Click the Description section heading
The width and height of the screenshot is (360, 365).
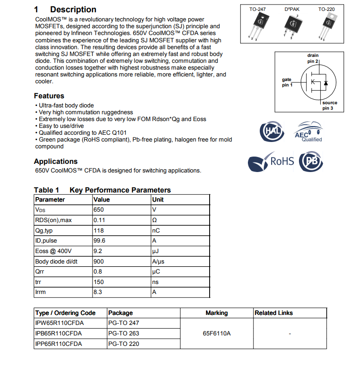(73, 10)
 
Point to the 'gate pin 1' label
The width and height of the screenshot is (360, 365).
(287, 82)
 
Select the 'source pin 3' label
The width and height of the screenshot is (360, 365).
(329, 106)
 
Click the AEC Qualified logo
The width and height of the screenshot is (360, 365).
(309, 132)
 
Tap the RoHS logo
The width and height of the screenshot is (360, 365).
(271, 162)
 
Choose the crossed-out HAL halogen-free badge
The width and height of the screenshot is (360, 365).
(271, 132)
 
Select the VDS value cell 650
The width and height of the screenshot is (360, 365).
(99, 210)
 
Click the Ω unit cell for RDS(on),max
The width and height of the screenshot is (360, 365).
(154, 220)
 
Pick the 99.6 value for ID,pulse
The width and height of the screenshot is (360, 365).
(99, 241)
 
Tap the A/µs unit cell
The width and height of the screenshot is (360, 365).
(158, 262)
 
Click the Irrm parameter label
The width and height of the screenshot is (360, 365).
(41, 293)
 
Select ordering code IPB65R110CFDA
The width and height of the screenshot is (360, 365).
(58, 334)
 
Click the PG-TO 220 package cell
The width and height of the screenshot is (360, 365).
(123, 344)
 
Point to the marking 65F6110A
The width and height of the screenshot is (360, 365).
(216, 334)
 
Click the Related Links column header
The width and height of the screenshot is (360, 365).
(273, 313)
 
